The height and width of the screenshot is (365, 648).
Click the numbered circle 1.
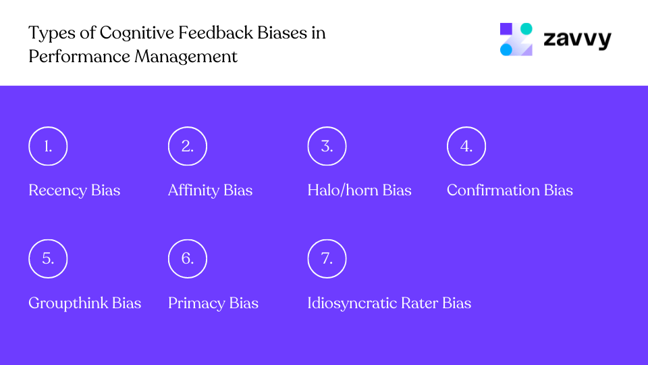pos(48,146)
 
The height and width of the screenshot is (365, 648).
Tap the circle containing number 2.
pos(187,146)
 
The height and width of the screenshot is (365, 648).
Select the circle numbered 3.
pos(327,146)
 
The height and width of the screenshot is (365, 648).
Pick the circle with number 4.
pos(466,146)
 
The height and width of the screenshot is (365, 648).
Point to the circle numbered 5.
pos(48,258)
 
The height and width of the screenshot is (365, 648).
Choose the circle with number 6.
pos(187,258)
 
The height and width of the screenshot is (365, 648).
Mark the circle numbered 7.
pos(327,258)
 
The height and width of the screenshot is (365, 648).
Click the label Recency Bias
pos(74,191)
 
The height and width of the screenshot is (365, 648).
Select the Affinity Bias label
pos(210,191)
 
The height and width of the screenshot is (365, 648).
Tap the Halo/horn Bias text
pos(359,191)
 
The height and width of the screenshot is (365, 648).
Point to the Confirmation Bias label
pos(510,191)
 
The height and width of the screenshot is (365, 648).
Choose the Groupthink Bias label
pos(84,303)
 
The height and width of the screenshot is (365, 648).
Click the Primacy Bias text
pos(213,303)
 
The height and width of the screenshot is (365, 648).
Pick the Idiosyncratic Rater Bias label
pos(389,303)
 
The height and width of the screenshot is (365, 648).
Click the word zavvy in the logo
pos(577,40)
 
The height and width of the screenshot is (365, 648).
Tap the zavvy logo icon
pos(516,39)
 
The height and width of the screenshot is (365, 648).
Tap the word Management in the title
pos(186,56)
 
